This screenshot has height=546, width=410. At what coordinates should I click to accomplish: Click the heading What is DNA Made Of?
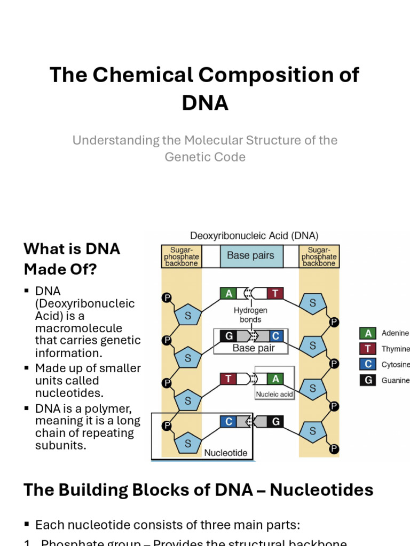pyautogui.click(x=72, y=259)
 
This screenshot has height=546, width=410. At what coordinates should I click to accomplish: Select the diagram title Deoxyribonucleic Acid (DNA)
pyautogui.click(x=254, y=235)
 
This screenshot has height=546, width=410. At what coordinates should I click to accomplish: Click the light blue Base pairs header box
pyautogui.click(x=250, y=256)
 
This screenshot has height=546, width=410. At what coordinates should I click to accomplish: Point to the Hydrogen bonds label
pyautogui.click(x=250, y=315)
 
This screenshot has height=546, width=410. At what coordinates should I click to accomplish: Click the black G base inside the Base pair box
pyautogui.click(x=228, y=336)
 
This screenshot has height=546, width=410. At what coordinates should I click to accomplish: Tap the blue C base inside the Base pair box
pyautogui.click(x=275, y=336)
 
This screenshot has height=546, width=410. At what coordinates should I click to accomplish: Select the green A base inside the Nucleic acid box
pyautogui.click(x=275, y=379)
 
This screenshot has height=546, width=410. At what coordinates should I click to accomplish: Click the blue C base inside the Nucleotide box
pyautogui.click(x=228, y=422)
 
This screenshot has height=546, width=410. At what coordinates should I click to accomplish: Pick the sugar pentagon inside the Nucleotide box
pyautogui.click(x=188, y=443)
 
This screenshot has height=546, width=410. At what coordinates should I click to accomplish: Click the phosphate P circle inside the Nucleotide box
pyautogui.click(x=167, y=425)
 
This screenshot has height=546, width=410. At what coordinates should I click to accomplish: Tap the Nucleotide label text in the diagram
pyautogui.click(x=226, y=453)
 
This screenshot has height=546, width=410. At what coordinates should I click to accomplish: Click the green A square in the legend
pyautogui.click(x=367, y=333)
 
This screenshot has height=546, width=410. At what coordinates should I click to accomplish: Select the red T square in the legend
pyautogui.click(x=367, y=349)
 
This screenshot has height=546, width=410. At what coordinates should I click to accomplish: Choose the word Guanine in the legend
pyautogui.click(x=396, y=380)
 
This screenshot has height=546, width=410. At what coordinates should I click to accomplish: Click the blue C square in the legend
pyautogui.click(x=367, y=365)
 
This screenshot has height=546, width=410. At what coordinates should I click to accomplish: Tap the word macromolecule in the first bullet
pyautogui.click(x=78, y=328)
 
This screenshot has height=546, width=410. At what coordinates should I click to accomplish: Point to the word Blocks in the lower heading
pyautogui.click(x=168, y=489)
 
